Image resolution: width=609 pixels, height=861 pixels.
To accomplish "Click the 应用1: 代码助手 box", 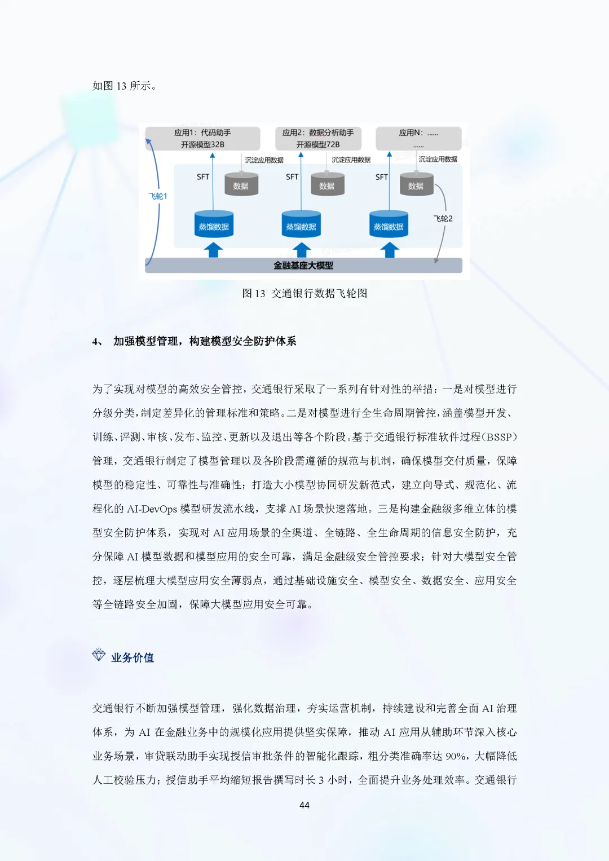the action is click(202, 138).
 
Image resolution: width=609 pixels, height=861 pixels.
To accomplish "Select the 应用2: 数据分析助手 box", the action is click(318, 138).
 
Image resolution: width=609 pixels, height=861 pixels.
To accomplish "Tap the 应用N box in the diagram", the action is click(418, 138).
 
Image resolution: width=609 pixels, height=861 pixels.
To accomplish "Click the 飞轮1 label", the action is click(158, 196).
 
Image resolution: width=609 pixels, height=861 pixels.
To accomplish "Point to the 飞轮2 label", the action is click(443, 219).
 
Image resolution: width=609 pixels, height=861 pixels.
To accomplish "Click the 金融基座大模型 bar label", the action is click(303, 266).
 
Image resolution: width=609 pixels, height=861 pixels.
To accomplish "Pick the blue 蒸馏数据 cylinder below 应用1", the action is click(214, 225).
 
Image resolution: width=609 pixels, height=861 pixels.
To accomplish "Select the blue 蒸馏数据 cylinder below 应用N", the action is click(389, 225).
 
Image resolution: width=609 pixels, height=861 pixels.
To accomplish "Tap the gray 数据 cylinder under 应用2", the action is click(327, 185).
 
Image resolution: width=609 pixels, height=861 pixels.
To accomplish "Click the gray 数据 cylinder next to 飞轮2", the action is click(416, 185).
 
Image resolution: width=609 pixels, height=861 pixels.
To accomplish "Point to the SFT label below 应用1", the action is click(203, 177).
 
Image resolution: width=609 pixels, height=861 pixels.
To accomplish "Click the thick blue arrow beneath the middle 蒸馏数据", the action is click(302, 250).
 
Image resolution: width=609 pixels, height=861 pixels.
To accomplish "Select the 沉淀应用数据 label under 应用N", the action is click(438, 160).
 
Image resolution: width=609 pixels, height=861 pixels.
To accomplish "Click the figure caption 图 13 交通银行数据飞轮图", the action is click(304, 293).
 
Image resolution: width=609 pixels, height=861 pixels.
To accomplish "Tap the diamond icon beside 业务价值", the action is click(99, 655).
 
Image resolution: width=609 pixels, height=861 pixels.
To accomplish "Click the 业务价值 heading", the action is click(133, 657).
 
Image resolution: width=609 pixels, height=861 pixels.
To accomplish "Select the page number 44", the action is click(304, 805).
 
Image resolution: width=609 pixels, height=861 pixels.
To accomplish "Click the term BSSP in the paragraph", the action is click(499, 437).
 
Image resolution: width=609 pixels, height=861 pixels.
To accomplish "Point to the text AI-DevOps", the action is click(152, 509).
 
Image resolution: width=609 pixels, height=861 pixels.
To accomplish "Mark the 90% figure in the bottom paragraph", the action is click(456, 756).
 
